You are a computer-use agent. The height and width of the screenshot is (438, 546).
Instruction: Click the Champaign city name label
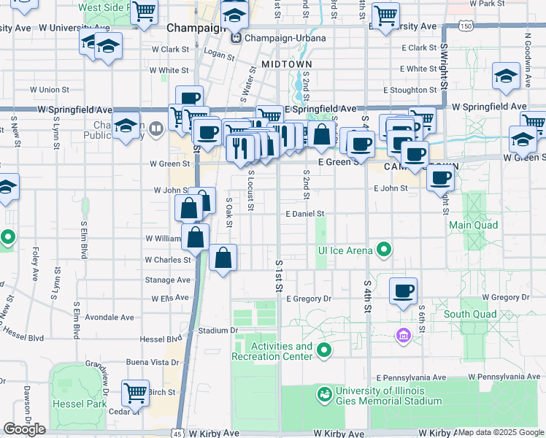click(x=193, y=28)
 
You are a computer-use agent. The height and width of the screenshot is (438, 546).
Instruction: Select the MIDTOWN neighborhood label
click(x=282, y=64)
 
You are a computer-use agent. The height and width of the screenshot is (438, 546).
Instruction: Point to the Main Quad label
click(x=474, y=225)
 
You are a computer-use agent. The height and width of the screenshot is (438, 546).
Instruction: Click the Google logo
click(x=24, y=429)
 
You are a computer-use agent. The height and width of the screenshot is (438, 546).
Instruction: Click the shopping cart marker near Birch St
click(x=135, y=393)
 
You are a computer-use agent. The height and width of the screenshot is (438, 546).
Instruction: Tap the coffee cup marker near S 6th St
click(x=403, y=291)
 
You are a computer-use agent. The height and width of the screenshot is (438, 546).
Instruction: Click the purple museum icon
click(x=402, y=336)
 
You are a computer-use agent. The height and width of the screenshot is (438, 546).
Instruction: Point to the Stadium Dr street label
click(x=218, y=330)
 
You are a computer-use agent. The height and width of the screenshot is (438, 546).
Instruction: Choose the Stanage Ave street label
click(x=168, y=280)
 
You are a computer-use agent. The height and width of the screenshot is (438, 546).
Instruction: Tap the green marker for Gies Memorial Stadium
click(x=323, y=395)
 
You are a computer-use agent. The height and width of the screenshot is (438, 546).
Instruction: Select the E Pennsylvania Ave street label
click(x=411, y=377)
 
